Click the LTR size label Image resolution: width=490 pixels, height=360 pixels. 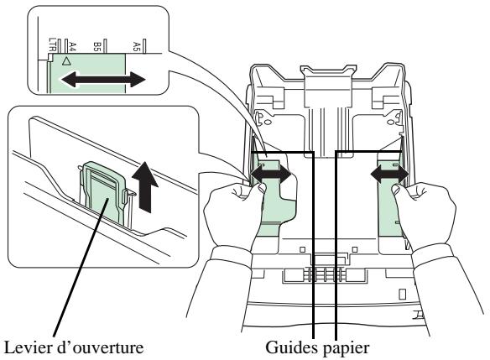tap(52, 44)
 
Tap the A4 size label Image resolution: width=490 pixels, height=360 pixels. tap(72, 47)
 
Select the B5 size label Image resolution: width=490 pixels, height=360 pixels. tap(96, 47)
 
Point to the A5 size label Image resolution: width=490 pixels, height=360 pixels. tap(136, 46)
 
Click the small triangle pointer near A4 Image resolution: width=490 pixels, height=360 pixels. tap(66, 60)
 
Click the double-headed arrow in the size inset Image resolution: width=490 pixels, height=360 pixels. tap(103, 80)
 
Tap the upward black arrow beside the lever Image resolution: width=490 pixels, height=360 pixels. tap(145, 187)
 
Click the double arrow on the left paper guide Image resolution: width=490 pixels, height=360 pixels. tap(271, 175)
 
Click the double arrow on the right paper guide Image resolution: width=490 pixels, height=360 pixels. tap(389, 174)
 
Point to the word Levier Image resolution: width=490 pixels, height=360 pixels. tap(29, 347)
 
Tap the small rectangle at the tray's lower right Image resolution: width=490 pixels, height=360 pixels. tap(403, 294)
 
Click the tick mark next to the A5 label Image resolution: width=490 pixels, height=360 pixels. tap(144, 46)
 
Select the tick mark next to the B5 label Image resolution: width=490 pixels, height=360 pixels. tap(106, 46)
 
